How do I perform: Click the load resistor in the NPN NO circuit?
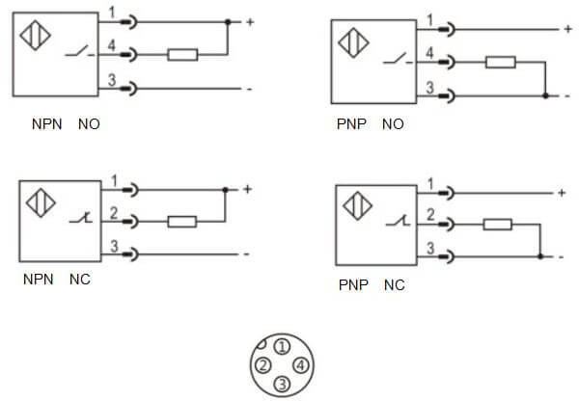pos(182,55)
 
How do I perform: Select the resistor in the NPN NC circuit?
pos(182,222)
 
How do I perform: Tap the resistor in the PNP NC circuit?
pos(498,226)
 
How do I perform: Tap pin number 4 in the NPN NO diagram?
pos(111,44)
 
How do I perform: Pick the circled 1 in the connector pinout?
pos(282,345)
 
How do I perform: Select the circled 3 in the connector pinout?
pos(282,384)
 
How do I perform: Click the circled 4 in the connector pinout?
pos(301,365)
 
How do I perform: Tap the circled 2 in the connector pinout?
pos(262,365)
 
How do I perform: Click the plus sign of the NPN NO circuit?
pos(249,21)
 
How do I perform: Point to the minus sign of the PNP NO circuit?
pos(565,96)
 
